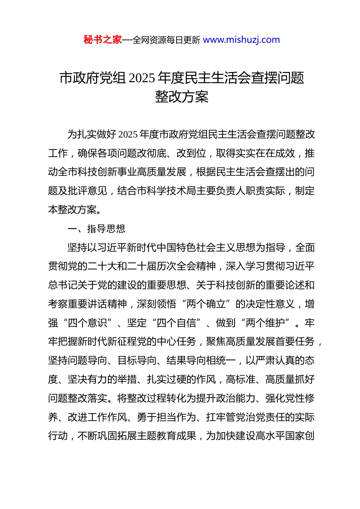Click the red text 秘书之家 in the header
pyautogui.click(x=103, y=40)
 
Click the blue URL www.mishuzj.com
pyautogui.click(x=241, y=40)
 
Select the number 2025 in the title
pyautogui.click(x=142, y=78)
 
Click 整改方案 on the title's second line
pyautogui.click(x=182, y=97)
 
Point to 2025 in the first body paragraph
pyautogui.click(x=128, y=134)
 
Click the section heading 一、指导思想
pyautogui.click(x=96, y=229)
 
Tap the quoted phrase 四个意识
pyautogui.click(x=88, y=323)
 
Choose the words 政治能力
pyautogui.click(x=236, y=398)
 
